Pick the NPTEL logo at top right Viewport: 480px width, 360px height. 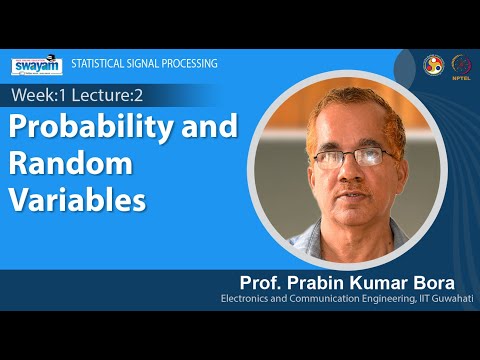pos(462,63)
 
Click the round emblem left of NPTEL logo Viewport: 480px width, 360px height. pos(434,63)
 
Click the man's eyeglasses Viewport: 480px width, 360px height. pos(345,158)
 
